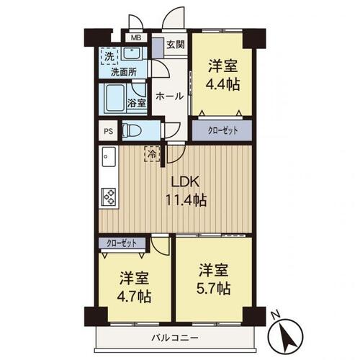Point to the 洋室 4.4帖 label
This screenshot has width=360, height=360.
(x=222, y=76)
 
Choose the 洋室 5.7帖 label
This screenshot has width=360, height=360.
(x=213, y=279)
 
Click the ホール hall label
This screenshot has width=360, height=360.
(x=168, y=96)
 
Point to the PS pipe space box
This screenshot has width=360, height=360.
(x=108, y=132)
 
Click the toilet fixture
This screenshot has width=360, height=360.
(x=133, y=130)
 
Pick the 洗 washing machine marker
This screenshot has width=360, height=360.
(x=108, y=55)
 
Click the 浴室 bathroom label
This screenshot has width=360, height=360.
(x=137, y=104)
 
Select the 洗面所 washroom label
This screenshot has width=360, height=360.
(x=124, y=73)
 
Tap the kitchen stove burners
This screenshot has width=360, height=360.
(x=109, y=195)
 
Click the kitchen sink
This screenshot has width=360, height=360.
(x=108, y=156)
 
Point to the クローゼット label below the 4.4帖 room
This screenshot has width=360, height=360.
(x=222, y=130)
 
